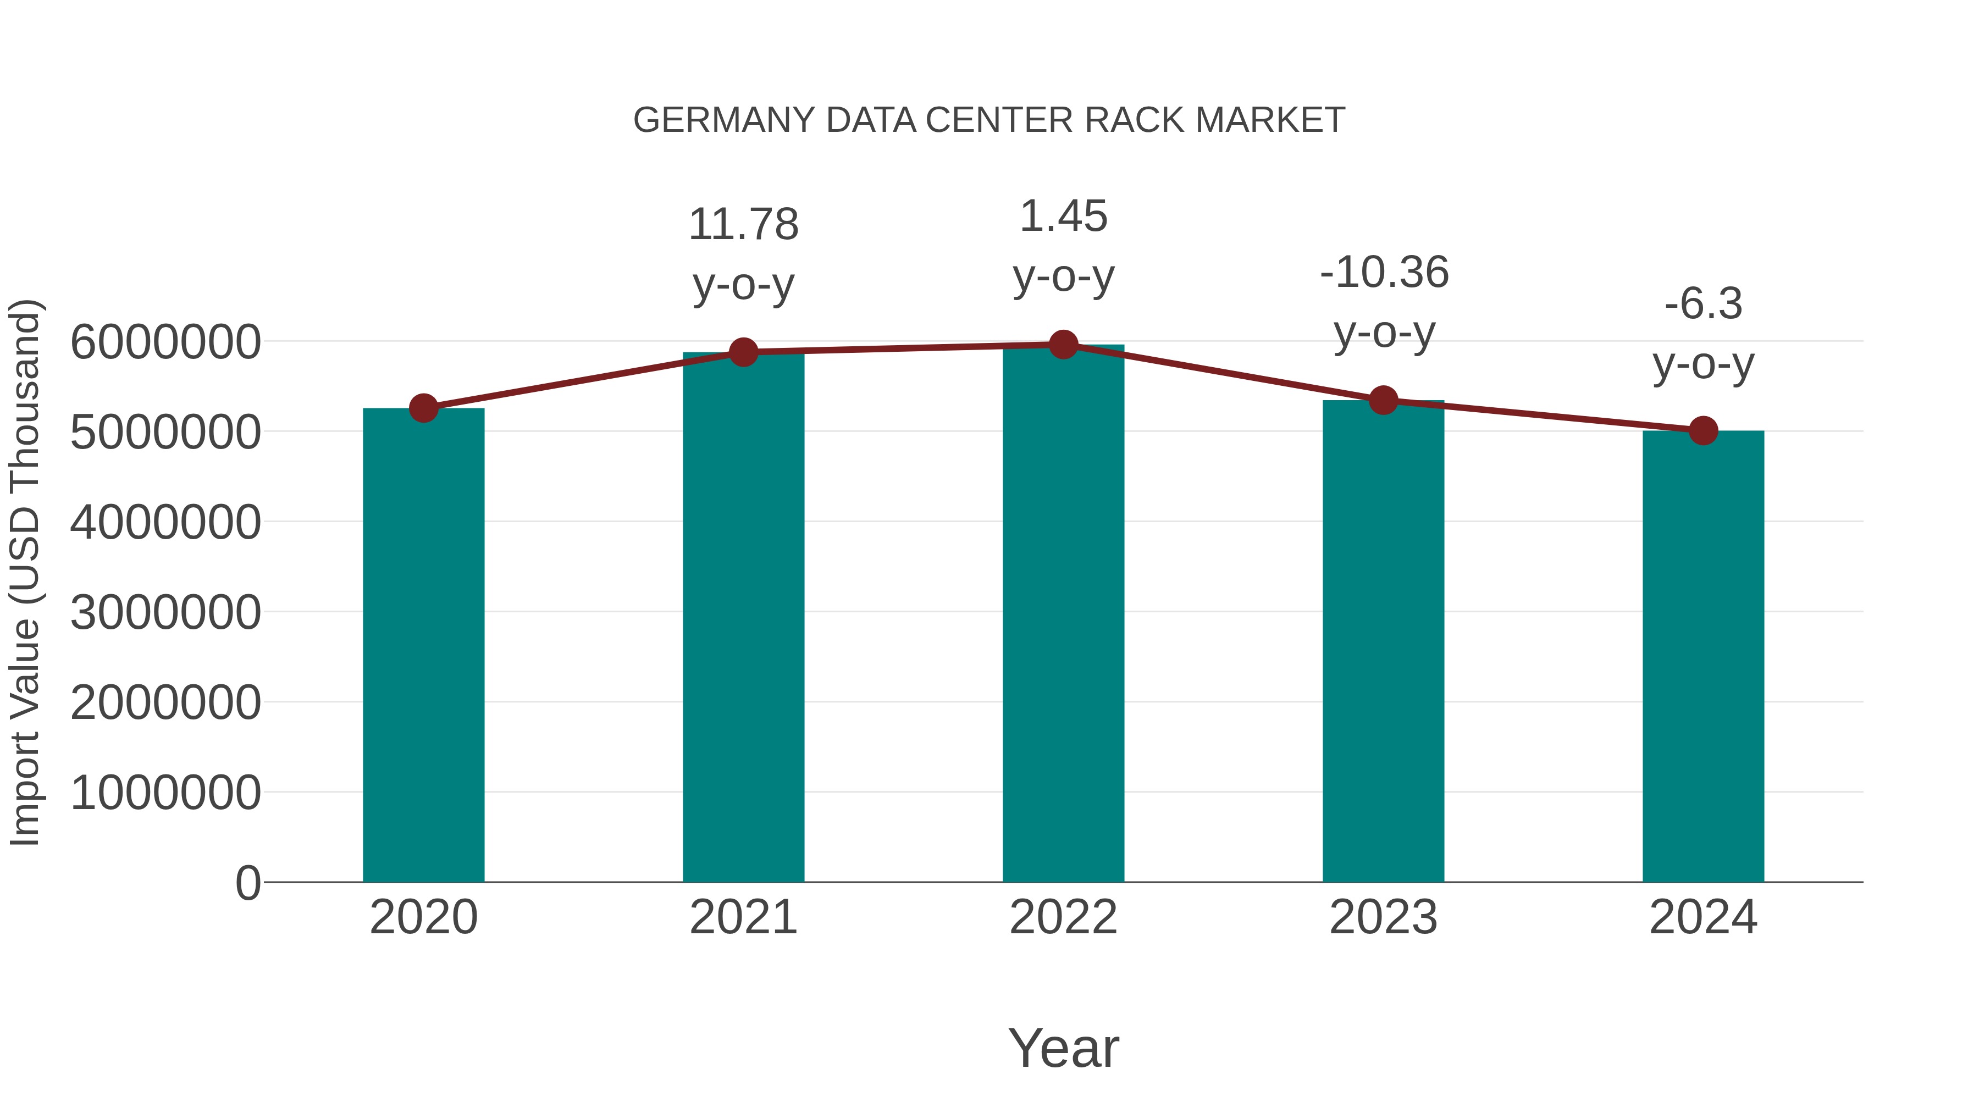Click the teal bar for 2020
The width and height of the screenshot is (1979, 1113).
tap(423, 645)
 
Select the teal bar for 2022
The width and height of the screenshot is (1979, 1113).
tap(1063, 614)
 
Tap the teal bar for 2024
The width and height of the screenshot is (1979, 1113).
tap(1703, 657)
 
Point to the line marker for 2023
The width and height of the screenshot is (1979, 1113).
tap(1384, 400)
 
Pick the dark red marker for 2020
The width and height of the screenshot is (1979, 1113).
tap(423, 408)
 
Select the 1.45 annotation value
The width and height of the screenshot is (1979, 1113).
tap(1063, 216)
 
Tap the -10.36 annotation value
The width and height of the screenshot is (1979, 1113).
tap(1384, 272)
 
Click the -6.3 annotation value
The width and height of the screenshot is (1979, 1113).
tap(1703, 303)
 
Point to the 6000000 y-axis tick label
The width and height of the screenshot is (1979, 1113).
tap(165, 342)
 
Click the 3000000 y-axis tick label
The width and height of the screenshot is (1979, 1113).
tap(165, 612)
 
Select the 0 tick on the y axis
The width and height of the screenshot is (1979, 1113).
tap(247, 883)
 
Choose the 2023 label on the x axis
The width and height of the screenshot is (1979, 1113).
tap(1384, 917)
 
